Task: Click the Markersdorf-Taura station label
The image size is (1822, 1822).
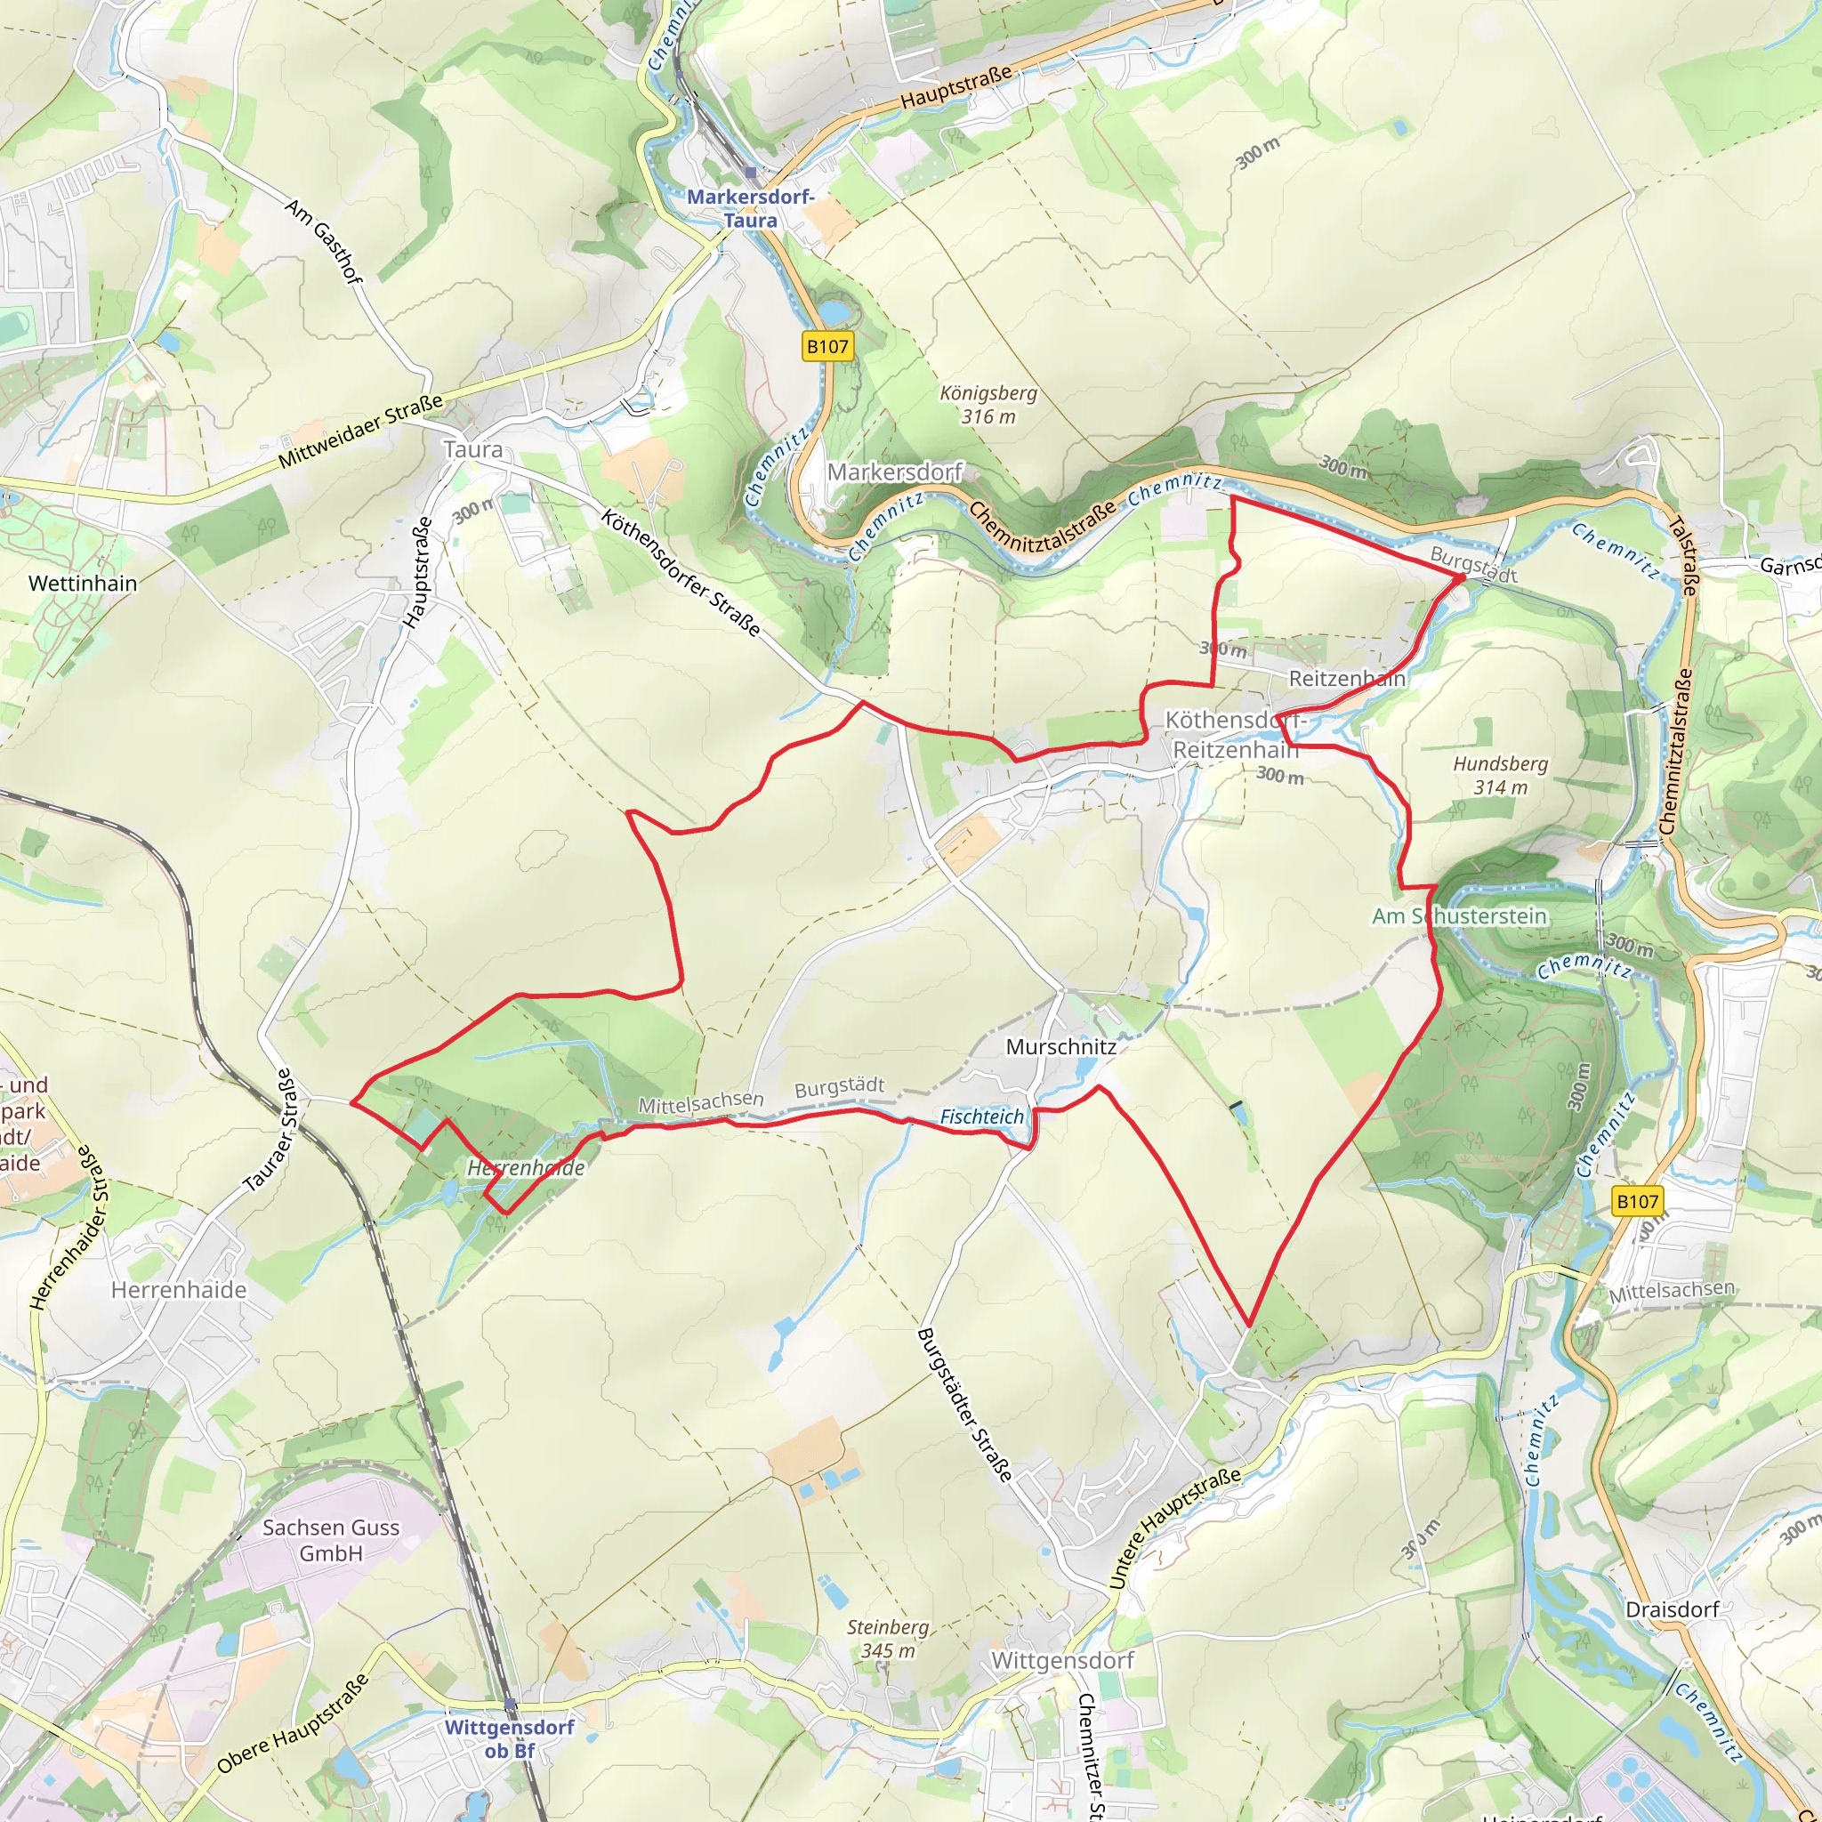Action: click(x=750, y=208)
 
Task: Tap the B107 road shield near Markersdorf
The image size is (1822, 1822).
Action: click(x=827, y=346)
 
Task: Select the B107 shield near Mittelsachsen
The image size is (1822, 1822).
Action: click(x=1637, y=1200)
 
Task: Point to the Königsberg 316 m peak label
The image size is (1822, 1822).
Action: click(x=988, y=405)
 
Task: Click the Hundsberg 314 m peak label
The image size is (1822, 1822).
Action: click(x=1501, y=775)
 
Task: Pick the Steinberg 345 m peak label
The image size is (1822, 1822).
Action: click(x=887, y=1638)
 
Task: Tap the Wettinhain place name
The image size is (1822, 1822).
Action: click(x=83, y=583)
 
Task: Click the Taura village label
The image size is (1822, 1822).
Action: click(x=473, y=450)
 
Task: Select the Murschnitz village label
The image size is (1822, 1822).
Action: click(x=1061, y=1046)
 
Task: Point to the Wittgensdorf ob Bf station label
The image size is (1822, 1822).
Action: click(x=509, y=1738)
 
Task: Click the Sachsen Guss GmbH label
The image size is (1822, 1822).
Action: click(x=331, y=1540)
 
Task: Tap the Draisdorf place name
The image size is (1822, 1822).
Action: click(x=1672, y=1608)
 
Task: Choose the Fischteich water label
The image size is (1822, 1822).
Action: click(x=982, y=1117)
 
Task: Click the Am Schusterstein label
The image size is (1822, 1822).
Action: click(x=1459, y=915)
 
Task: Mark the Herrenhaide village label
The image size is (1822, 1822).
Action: click(x=179, y=1289)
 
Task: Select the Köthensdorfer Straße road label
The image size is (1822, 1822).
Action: click(x=681, y=572)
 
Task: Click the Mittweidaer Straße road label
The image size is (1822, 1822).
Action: click(x=361, y=431)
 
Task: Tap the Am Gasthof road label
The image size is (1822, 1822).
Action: click(x=324, y=241)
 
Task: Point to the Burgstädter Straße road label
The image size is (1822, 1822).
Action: click(x=964, y=1404)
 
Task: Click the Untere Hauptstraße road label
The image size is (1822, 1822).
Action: click(x=1175, y=1528)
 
